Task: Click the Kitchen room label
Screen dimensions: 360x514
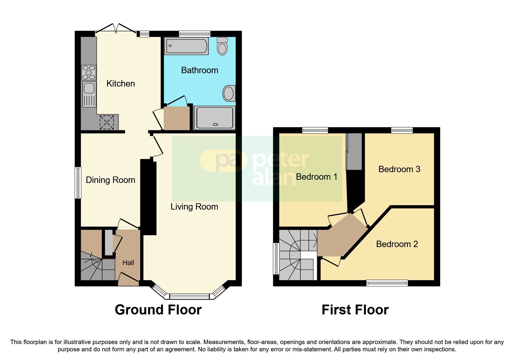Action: [120, 84]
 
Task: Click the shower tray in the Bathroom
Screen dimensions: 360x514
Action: [214, 118]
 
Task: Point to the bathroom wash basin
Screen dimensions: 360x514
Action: [229, 93]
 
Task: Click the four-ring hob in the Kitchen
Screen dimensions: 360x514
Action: [89, 72]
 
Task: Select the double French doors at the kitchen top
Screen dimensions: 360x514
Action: [116, 29]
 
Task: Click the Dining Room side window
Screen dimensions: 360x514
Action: [78, 183]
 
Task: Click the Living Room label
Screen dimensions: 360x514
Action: [194, 207]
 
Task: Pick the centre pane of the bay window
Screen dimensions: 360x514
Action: [189, 296]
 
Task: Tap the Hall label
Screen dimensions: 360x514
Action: [128, 263]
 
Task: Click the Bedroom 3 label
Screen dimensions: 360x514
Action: [399, 169]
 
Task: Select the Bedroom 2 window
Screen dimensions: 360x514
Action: [387, 283]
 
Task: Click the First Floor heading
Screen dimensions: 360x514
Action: [355, 310]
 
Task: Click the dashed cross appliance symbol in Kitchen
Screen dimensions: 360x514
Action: [107, 122]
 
